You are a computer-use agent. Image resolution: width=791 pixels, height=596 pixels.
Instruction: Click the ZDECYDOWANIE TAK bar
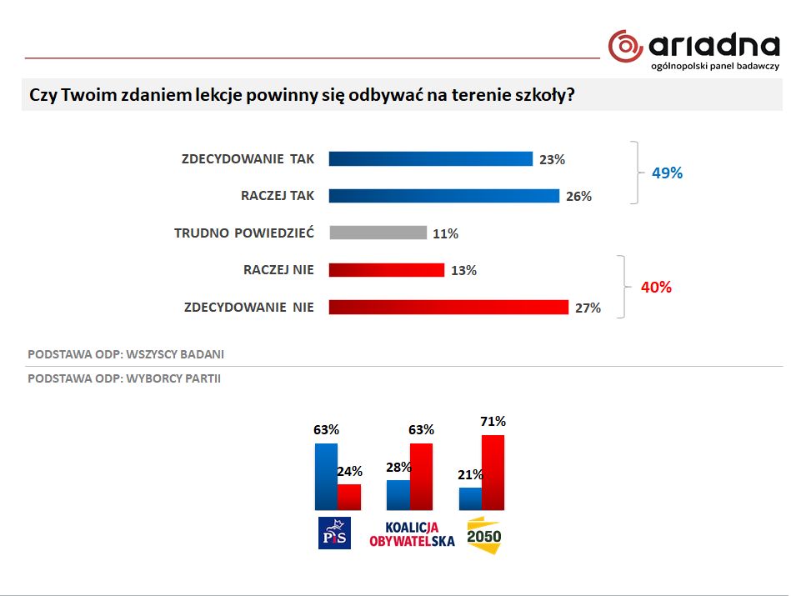click(430, 159)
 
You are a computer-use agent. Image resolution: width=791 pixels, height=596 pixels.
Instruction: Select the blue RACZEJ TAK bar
click(443, 196)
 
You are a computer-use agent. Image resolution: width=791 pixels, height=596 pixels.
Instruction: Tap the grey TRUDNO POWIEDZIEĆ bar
click(378, 233)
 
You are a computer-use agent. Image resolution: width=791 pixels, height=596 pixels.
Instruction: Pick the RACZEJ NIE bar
click(386, 270)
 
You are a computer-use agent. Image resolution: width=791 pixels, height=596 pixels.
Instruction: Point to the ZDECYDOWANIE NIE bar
click(448, 308)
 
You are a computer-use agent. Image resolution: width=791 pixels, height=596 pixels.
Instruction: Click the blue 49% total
click(666, 173)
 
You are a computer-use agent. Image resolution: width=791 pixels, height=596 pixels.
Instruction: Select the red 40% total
click(655, 288)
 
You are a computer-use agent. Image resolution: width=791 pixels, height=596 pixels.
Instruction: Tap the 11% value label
click(445, 233)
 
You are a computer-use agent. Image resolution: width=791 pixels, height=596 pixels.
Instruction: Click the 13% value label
click(463, 270)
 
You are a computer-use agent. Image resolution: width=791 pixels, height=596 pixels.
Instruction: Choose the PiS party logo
click(336, 533)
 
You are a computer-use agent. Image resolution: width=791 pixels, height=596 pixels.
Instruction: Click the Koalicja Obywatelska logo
click(412, 534)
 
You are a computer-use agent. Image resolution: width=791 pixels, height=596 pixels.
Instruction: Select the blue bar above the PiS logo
click(326, 476)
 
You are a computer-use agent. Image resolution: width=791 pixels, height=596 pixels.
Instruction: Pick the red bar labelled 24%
click(349, 497)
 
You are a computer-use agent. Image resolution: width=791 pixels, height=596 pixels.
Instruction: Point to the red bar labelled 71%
click(493, 472)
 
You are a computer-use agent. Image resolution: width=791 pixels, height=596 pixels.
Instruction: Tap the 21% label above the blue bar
click(471, 474)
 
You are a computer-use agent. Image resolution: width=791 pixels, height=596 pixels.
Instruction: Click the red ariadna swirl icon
click(625, 46)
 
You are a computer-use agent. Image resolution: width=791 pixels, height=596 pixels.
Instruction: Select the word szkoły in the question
click(544, 95)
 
